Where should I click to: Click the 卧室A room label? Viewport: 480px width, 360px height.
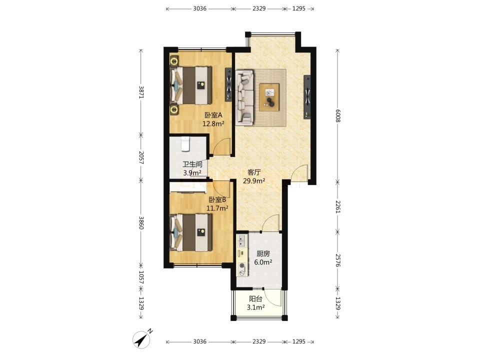[x=213, y=115]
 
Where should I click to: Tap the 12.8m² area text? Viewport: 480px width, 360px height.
[x=213, y=123]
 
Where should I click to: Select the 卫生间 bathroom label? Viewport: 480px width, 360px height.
[x=192, y=164]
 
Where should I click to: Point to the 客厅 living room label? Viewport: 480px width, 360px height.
[x=254, y=172]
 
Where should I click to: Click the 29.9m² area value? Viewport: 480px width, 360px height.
[x=254, y=181]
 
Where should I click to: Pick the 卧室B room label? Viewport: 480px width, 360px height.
[x=217, y=200]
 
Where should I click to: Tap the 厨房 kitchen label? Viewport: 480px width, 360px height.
[x=263, y=254]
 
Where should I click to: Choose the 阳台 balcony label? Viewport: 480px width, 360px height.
[x=255, y=299]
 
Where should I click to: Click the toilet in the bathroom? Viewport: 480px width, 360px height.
[x=185, y=144]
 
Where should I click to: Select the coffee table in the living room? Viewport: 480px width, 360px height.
[x=269, y=97]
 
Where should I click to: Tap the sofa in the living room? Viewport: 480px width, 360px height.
[x=244, y=97]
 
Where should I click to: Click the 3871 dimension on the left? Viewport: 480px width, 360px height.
[x=141, y=91]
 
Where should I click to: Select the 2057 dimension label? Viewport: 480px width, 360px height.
[x=141, y=157]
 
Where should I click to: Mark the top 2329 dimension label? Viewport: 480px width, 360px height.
[x=259, y=8]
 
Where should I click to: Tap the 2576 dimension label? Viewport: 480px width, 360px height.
[x=337, y=260]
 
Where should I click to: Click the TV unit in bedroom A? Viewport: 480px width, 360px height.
[x=228, y=84]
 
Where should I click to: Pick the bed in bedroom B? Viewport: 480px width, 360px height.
[x=191, y=232]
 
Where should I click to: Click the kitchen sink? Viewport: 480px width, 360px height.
[x=242, y=241]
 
